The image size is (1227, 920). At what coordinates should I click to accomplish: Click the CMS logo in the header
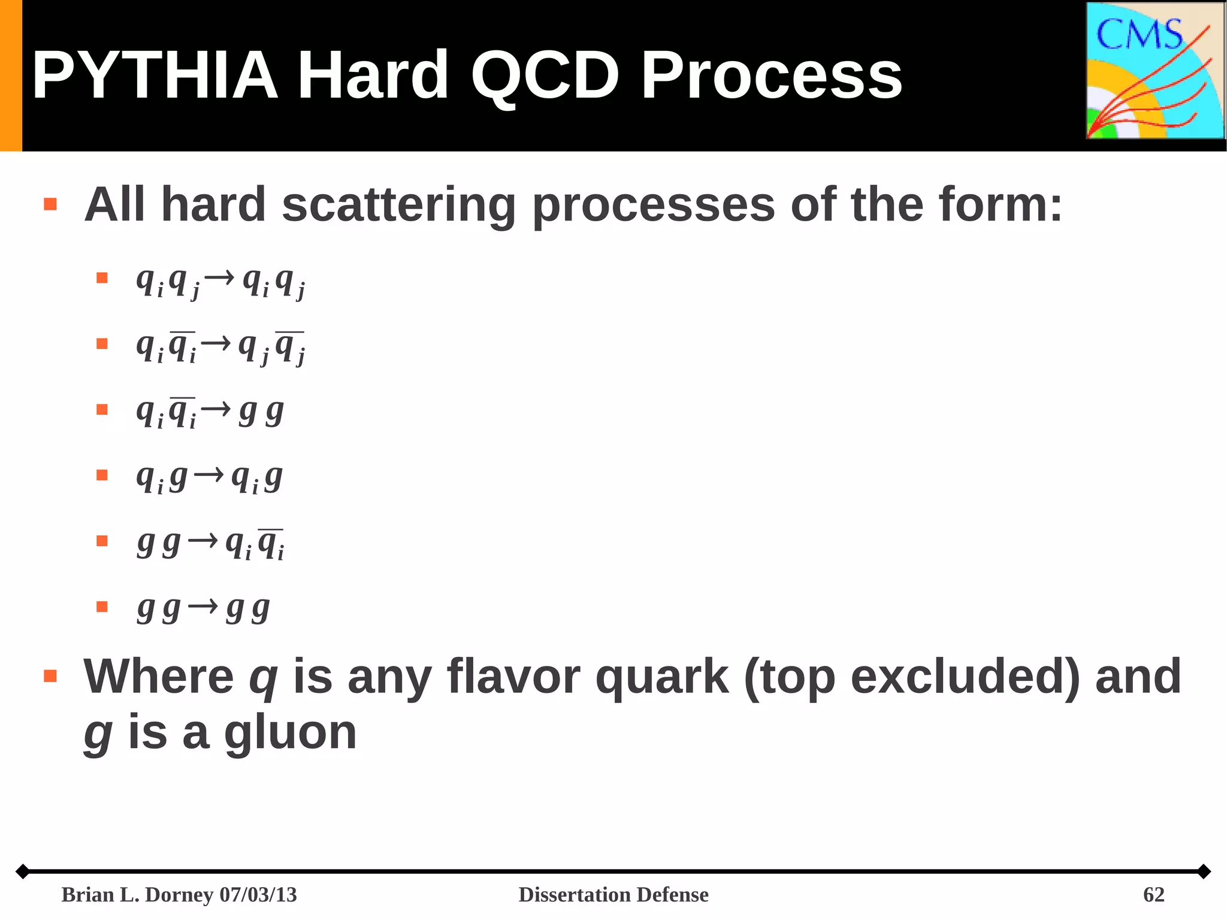pos(1155,71)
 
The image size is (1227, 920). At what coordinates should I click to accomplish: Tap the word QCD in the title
pos(544,76)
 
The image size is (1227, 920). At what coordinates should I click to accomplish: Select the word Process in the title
pos(771,76)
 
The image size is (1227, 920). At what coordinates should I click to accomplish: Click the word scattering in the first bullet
pos(398,204)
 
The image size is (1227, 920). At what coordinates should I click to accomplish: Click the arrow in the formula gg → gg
pos(203,607)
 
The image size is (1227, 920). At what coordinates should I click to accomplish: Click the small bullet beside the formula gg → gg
pos(102,607)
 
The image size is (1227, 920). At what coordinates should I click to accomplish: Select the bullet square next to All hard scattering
pos(50,204)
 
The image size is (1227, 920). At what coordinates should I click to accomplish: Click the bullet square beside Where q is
pos(50,677)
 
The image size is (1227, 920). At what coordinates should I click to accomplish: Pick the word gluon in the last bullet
pos(290,732)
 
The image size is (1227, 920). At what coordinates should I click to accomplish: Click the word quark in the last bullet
pos(661,677)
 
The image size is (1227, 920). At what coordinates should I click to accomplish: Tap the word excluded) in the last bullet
pos(965,677)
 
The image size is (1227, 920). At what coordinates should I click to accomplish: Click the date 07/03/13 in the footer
pos(258,895)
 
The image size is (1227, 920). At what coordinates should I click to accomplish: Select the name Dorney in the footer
pos(179,895)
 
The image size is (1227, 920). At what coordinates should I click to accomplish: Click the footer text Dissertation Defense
pos(613,895)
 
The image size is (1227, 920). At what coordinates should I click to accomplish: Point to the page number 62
pos(1153,895)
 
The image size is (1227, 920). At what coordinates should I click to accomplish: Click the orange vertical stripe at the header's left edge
pos(11,76)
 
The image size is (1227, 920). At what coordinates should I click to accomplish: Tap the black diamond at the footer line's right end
pos(1204,871)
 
